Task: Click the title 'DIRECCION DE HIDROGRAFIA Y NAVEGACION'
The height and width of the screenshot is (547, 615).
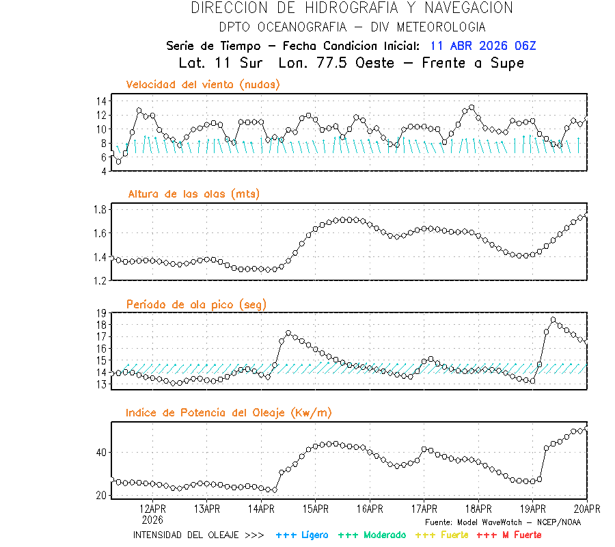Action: click(x=352, y=8)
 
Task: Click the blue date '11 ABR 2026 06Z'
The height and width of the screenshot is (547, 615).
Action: click(x=483, y=46)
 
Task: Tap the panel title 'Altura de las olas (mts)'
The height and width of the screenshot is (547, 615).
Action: click(x=193, y=194)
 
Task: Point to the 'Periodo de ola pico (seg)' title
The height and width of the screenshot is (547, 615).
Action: click(x=196, y=304)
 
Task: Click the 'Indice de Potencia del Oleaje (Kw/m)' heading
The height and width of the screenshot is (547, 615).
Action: click(x=229, y=413)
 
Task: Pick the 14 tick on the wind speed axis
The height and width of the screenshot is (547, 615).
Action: click(x=100, y=101)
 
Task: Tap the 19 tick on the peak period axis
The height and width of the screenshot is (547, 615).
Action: click(x=100, y=313)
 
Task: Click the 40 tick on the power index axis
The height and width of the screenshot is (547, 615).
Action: click(x=100, y=453)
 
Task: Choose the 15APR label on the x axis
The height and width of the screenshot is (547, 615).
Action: click(x=315, y=509)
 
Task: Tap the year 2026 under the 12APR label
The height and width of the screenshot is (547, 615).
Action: click(x=152, y=520)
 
